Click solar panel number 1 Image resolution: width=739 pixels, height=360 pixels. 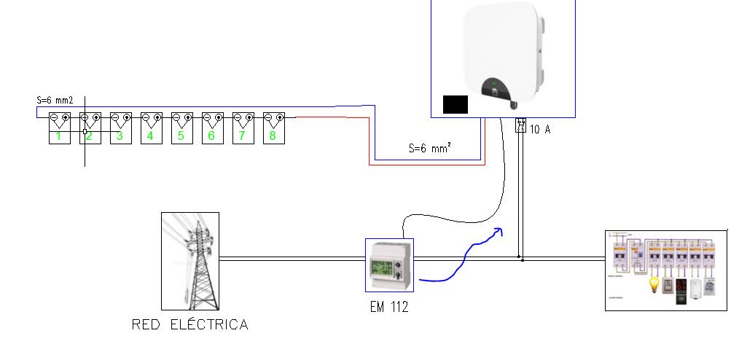point(58,128)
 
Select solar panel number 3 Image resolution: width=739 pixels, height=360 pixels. point(120,128)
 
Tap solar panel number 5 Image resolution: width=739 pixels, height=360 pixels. point(181,128)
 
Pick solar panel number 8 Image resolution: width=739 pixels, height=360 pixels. point(273,128)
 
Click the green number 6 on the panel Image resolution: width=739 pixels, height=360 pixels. point(211,136)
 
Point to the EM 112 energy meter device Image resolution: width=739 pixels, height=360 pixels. point(389,265)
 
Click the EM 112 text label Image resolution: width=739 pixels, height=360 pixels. point(389,307)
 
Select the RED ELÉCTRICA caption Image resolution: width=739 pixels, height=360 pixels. point(189,325)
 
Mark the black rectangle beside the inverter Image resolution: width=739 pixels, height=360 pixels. point(455,104)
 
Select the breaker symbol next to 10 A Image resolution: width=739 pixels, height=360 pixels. point(520,125)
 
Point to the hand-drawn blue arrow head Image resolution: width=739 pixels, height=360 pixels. point(498,232)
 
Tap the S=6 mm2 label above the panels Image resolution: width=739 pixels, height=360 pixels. point(55,101)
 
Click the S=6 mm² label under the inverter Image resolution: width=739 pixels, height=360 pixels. point(429,149)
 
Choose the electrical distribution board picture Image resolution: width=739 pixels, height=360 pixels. point(666,270)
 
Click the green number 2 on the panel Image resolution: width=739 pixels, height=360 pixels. point(89,136)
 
